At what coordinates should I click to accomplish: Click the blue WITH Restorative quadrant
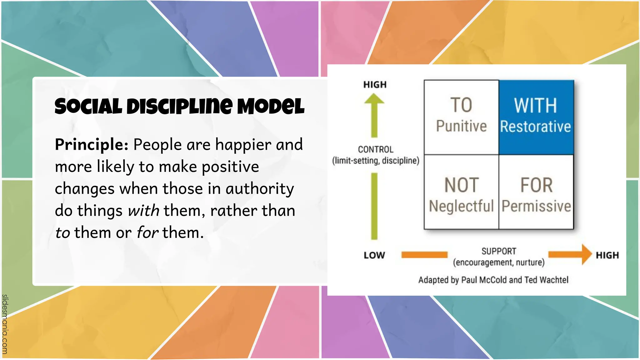[536, 117]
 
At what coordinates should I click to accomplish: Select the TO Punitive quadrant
[461, 117]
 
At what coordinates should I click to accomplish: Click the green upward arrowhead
[374, 100]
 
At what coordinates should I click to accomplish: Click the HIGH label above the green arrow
[375, 85]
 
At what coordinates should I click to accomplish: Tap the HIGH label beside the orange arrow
[607, 255]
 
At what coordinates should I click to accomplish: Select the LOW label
[374, 255]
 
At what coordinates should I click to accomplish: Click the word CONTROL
[376, 149]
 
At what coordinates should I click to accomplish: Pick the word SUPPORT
[499, 251]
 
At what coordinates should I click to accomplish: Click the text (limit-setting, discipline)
[376, 161]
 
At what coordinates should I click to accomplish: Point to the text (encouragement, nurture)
[499, 262]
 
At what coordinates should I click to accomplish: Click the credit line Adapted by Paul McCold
[493, 280]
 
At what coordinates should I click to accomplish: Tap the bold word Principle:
[91, 145]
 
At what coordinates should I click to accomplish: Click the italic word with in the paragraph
[143, 211]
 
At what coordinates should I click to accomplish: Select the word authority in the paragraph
[260, 189]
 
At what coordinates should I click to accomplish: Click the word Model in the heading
[270, 106]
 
